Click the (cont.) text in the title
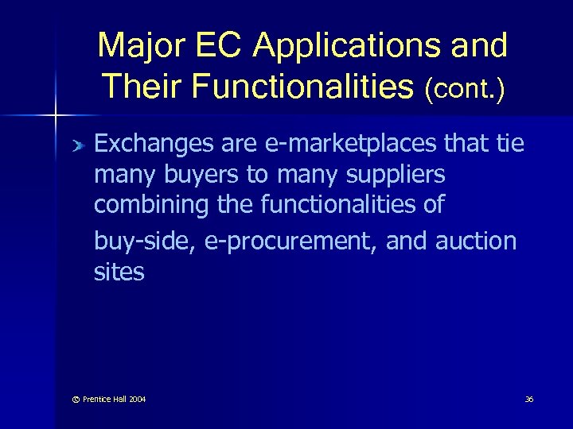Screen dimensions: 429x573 click(x=465, y=86)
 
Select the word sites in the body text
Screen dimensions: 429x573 click(x=119, y=272)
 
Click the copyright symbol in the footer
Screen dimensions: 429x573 click(x=67, y=399)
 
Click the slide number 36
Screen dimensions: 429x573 click(x=528, y=399)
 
